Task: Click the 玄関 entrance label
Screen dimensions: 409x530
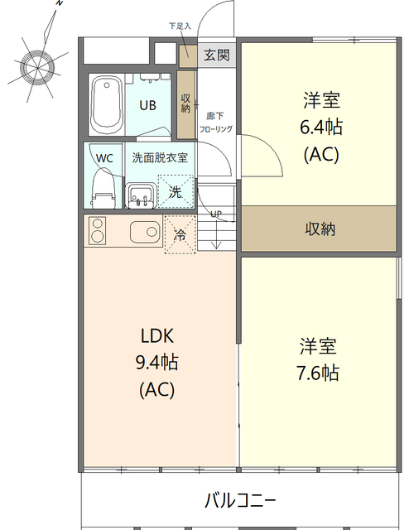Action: pyautogui.click(x=217, y=55)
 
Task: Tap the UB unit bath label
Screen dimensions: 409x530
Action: pyautogui.click(x=147, y=105)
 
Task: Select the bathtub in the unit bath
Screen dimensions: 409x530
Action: pyautogui.click(x=107, y=105)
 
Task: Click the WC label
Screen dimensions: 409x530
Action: pyautogui.click(x=104, y=158)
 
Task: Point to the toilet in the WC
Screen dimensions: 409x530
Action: pyautogui.click(x=103, y=190)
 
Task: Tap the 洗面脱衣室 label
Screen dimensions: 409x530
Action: pyautogui.click(x=160, y=157)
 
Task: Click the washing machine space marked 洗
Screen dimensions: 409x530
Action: pyautogui.click(x=176, y=191)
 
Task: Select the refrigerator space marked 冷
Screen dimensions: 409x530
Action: pyautogui.click(x=180, y=234)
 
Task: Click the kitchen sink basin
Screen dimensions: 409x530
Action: pyautogui.click(x=145, y=232)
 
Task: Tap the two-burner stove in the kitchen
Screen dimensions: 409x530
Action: pyautogui.click(x=98, y=230)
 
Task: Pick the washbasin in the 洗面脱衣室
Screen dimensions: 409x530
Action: pyautogui.click(x=141, y=196)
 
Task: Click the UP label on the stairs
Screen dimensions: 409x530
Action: pyautogui.click(x=216, y=214)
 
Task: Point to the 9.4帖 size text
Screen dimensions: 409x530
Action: pyautogui.click(x=156, y=363)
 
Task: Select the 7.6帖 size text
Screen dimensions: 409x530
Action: pyautogui.click(x=318, y=373)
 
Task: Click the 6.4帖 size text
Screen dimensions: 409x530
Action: pyautogui.click(x=321, y=127)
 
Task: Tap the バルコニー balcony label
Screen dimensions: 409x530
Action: pyautogui.click(x=240, y=500)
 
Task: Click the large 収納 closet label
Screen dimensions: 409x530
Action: pyautogui.click(x=320, y=229)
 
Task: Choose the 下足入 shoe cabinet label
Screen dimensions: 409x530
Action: pyautogui.click(x=180, y=26)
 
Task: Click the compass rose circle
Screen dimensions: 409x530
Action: pyautogui.click(x=37, y=68)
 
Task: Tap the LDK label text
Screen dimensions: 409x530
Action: pyautogui.click(x=157, y=336)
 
